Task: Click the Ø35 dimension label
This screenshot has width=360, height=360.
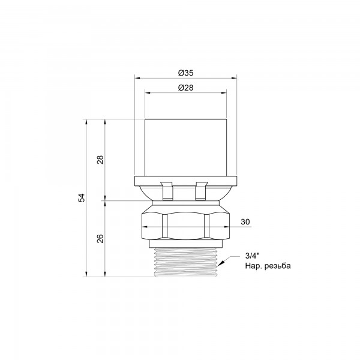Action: pyautogui.click(x=185, y=73)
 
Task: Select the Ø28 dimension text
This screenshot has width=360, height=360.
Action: pyautogui.click(x=185, y=88)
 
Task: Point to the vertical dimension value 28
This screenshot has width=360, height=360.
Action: pyautogui.click(x=101, y=160)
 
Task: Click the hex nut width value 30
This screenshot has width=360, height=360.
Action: pyautogui.click(x=245, y=222)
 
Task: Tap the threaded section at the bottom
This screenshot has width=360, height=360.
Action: pyautogui.click(x=185, y=262)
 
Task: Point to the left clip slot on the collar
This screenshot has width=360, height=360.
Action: pyautogui.click(x=167, y=191)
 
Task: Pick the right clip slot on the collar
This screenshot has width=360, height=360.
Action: pyautogui.click(x=202, y=191)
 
